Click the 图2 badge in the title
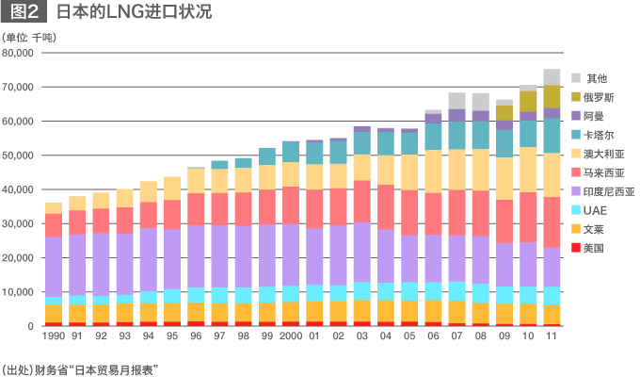click(x=25, y=13)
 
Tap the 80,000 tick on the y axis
click(x=20, y=53)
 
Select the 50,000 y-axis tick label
click(x=20, y=156)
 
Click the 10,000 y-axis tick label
click(x=20, y=292)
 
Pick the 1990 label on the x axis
click(x=53, y=336)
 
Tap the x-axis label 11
click(x=552, y=336)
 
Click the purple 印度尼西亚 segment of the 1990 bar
click(x=53, y=267)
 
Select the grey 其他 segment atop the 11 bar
click(x=552, y=77)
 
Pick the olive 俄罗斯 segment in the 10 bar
click(x=528, y=101)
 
